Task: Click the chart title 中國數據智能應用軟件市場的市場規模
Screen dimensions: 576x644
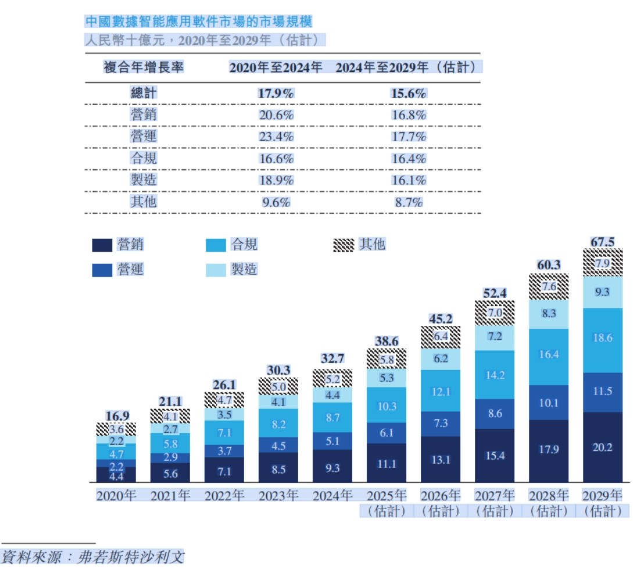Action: (x=198, y=22)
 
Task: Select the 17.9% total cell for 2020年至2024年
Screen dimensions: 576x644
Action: (x=276, y=94)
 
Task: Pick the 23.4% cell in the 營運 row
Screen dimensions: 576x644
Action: (x=276, y=137)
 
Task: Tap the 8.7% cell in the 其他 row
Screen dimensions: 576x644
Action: (x=409, y=202)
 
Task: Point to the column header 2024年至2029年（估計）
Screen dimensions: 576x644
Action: (x=409, y=67)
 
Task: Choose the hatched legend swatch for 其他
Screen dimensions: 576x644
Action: (x=343, y=245)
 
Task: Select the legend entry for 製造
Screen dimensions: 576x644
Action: (x=232, y=270)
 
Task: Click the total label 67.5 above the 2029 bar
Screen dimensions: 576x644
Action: (x=602, y=242)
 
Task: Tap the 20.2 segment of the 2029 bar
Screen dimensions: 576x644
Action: (x=602, y=448)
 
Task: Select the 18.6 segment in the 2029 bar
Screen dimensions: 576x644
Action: (x=602, y=338)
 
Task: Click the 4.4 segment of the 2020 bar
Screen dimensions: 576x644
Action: (x=116, y=476)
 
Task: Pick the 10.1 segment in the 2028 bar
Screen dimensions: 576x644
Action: (x=549, y=403)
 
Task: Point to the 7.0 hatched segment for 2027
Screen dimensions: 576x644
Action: (x=495, y=312)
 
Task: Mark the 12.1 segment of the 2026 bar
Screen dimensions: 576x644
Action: (x=441, y=392)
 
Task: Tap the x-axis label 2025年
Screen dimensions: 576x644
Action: (x=387, y=496)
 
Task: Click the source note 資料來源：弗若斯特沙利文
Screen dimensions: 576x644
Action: (x=92, y=556)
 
